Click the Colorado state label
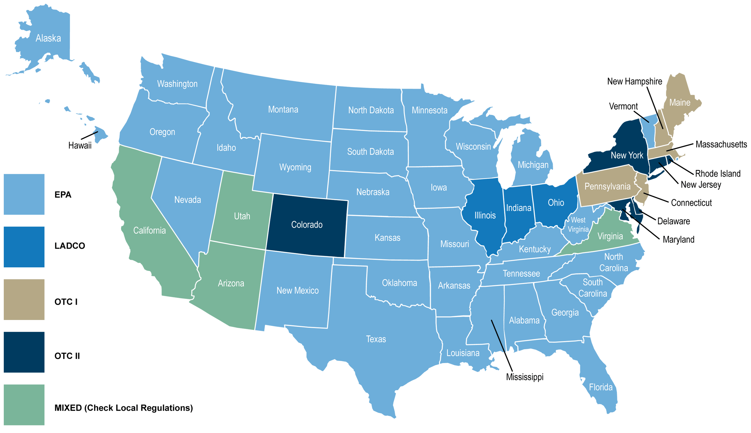tap(307, 225)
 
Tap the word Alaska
tap(48, 38)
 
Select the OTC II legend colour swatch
tap(24, 352)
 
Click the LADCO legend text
tap(70, 246)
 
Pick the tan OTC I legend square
tap(24, 299)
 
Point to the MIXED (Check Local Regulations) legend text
tap(124, 408)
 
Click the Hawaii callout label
tap(80, 145)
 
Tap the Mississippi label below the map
tap(525, 377)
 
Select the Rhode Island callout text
tap(718, 173)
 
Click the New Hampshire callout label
tap(635, 81)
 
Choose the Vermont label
tap(623, 106)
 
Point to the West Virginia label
tap(578, 225)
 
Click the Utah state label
tap(242, 216)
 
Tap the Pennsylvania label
tap(607, 186)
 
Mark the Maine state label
tap(680, 103)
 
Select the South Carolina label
tap(593, 288)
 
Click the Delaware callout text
tap(673, 221)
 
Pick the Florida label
tap(601, 387)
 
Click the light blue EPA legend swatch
tap(24, 194)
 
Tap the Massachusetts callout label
tap(721, 145)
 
